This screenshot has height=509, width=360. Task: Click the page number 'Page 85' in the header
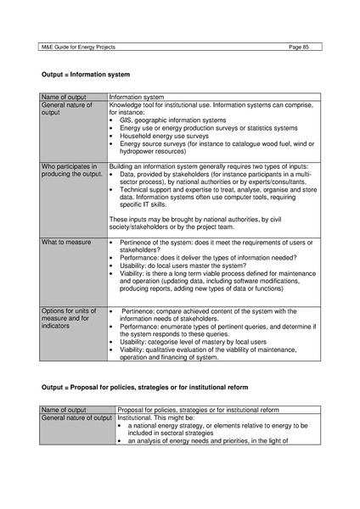[301, 45]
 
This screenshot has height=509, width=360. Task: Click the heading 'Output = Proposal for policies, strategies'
[145, 386]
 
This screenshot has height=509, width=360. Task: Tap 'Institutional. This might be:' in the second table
[158, 418]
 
